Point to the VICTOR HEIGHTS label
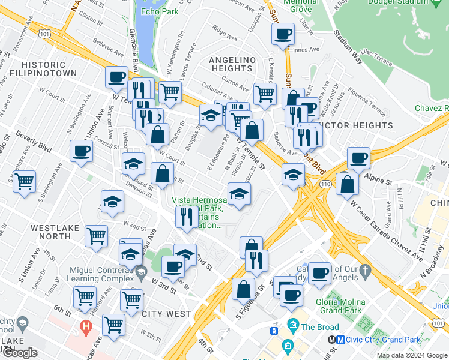click(x=358, y=125)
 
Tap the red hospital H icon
click(x=86, y=328)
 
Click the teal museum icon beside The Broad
click(x=294, y=326)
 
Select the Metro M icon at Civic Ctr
click(x=340, y=339)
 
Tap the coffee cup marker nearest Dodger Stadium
click(x=283, y=34)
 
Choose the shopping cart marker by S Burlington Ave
click(x=24, y=181)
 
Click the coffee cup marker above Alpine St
click(x=358, y=158)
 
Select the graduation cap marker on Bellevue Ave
click(x=293, y=175)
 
